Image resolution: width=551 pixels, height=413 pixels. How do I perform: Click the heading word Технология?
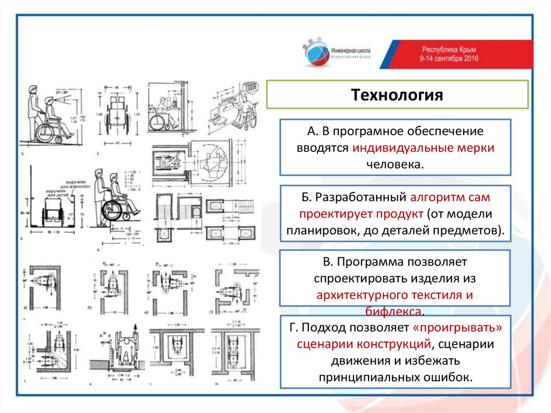click(x=397, y=95)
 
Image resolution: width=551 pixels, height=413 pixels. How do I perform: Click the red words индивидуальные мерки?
click(x=432, y=148)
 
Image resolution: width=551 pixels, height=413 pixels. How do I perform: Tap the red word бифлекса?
click(x=395, y=312)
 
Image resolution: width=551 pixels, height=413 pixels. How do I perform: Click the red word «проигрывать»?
click(x=453, y=328)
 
